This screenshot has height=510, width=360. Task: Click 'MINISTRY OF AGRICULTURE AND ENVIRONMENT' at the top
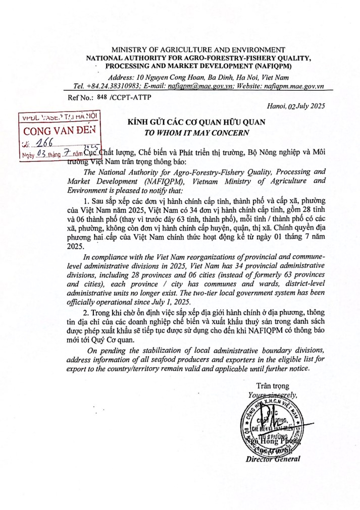tap(194, 49)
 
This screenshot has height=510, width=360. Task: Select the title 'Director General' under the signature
tap(273, 459)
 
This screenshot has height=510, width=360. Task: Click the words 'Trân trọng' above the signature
tap(273, 386)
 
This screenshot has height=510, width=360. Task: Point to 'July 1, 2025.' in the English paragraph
tap(169, 301)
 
